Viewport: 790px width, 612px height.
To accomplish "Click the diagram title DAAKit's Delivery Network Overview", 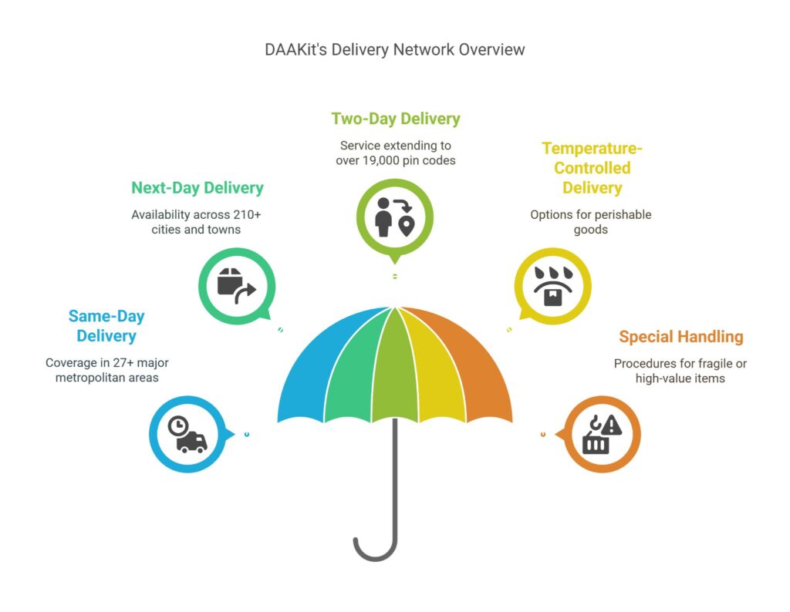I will pyautogui.click(x=394, y=49).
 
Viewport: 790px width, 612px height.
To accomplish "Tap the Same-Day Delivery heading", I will pyautogui.click(x=106, y=326).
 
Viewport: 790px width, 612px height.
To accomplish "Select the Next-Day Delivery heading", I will pyautogui.click(x=197, y=188).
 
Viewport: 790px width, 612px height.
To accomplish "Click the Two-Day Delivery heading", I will pyautogui.click(x=396, y=119).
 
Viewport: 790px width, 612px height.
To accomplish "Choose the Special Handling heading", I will pyautogui.click(x=680, y=337).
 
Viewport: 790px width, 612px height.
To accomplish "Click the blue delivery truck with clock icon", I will pyautogui.click(x=190, y=435).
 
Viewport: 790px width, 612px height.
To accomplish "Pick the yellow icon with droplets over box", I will pyautogui.click(x=552, y=286).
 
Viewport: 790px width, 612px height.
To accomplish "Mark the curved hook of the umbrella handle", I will pyautogui.click(x=374, y=550).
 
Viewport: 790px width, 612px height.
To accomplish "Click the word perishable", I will pyautogui.click(x=622, y=214).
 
